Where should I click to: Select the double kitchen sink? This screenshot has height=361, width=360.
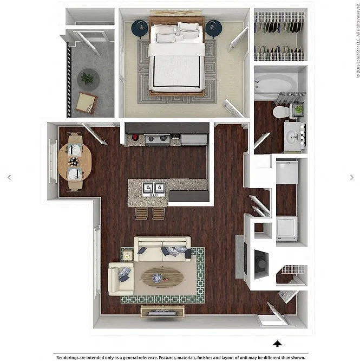154,189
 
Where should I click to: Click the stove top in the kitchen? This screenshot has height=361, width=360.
158,140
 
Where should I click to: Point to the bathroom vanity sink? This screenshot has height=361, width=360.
293,137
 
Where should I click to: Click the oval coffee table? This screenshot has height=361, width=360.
162,277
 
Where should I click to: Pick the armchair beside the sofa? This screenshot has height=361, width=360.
121,279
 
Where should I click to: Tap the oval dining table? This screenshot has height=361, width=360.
75,162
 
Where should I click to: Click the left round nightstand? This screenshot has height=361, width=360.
140,28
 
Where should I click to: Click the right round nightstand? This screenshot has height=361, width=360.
214,28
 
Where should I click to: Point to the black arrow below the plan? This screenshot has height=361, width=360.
278,344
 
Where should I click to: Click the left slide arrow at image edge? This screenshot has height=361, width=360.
9,177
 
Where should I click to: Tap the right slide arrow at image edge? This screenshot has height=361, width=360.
352,177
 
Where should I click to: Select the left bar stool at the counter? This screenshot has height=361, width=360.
141,214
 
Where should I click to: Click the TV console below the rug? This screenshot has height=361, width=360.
162,311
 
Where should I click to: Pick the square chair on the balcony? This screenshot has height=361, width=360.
87,102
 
